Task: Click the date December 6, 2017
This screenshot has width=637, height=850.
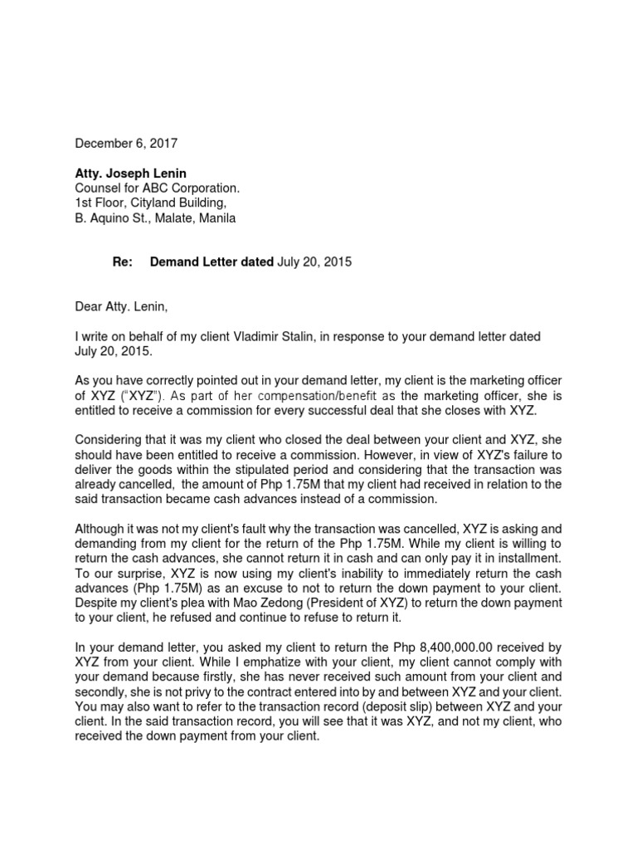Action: [126, 144]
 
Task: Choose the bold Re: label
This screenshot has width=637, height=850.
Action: [123, 262]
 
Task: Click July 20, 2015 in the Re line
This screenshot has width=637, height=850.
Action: [314, 262]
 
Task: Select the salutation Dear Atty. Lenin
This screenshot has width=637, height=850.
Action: [121, 307]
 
